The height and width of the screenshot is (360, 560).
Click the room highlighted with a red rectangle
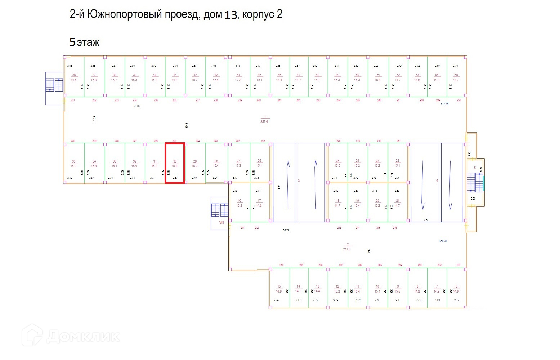(175, 163)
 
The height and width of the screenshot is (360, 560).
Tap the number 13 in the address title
(231, 15)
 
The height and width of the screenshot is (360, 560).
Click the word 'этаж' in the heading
(88, 43)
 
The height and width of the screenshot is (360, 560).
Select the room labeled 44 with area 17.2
(238, 77)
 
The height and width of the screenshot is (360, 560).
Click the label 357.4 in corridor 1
(264, 121)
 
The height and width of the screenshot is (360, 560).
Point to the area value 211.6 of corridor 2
(347, 249)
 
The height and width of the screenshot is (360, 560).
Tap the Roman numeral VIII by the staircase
(221, 222)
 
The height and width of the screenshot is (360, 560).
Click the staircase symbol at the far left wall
(54, 85)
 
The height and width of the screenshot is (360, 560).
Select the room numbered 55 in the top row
(456, 77)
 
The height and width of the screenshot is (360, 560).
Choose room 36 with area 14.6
(74, 77)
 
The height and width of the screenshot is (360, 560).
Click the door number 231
(73, 100)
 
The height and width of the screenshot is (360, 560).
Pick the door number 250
(458, 100)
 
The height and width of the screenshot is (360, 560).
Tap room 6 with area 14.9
(456, 289)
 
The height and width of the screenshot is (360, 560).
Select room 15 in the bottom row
(279, 289)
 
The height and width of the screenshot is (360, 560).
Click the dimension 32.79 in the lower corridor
(286, 230)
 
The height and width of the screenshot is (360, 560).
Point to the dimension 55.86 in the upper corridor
(136, 106)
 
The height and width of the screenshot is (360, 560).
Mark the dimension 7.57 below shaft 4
(426, 219)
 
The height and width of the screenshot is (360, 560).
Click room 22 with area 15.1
(397, 163)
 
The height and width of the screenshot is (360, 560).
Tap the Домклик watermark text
(83, 337)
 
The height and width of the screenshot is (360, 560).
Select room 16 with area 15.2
(239, 203)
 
